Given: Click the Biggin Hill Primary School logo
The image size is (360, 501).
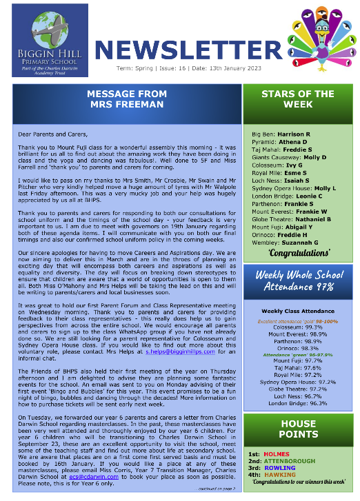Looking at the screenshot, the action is [50, 46].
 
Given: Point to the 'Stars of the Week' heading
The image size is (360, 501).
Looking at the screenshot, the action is [299, 100].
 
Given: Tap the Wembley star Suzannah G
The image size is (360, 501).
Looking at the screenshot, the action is [301, 242].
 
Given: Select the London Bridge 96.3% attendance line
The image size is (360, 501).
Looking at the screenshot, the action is [299, 402].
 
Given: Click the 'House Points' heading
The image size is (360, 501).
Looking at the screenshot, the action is [299, 429].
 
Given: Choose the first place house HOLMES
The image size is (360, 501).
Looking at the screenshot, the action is [279, 454].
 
